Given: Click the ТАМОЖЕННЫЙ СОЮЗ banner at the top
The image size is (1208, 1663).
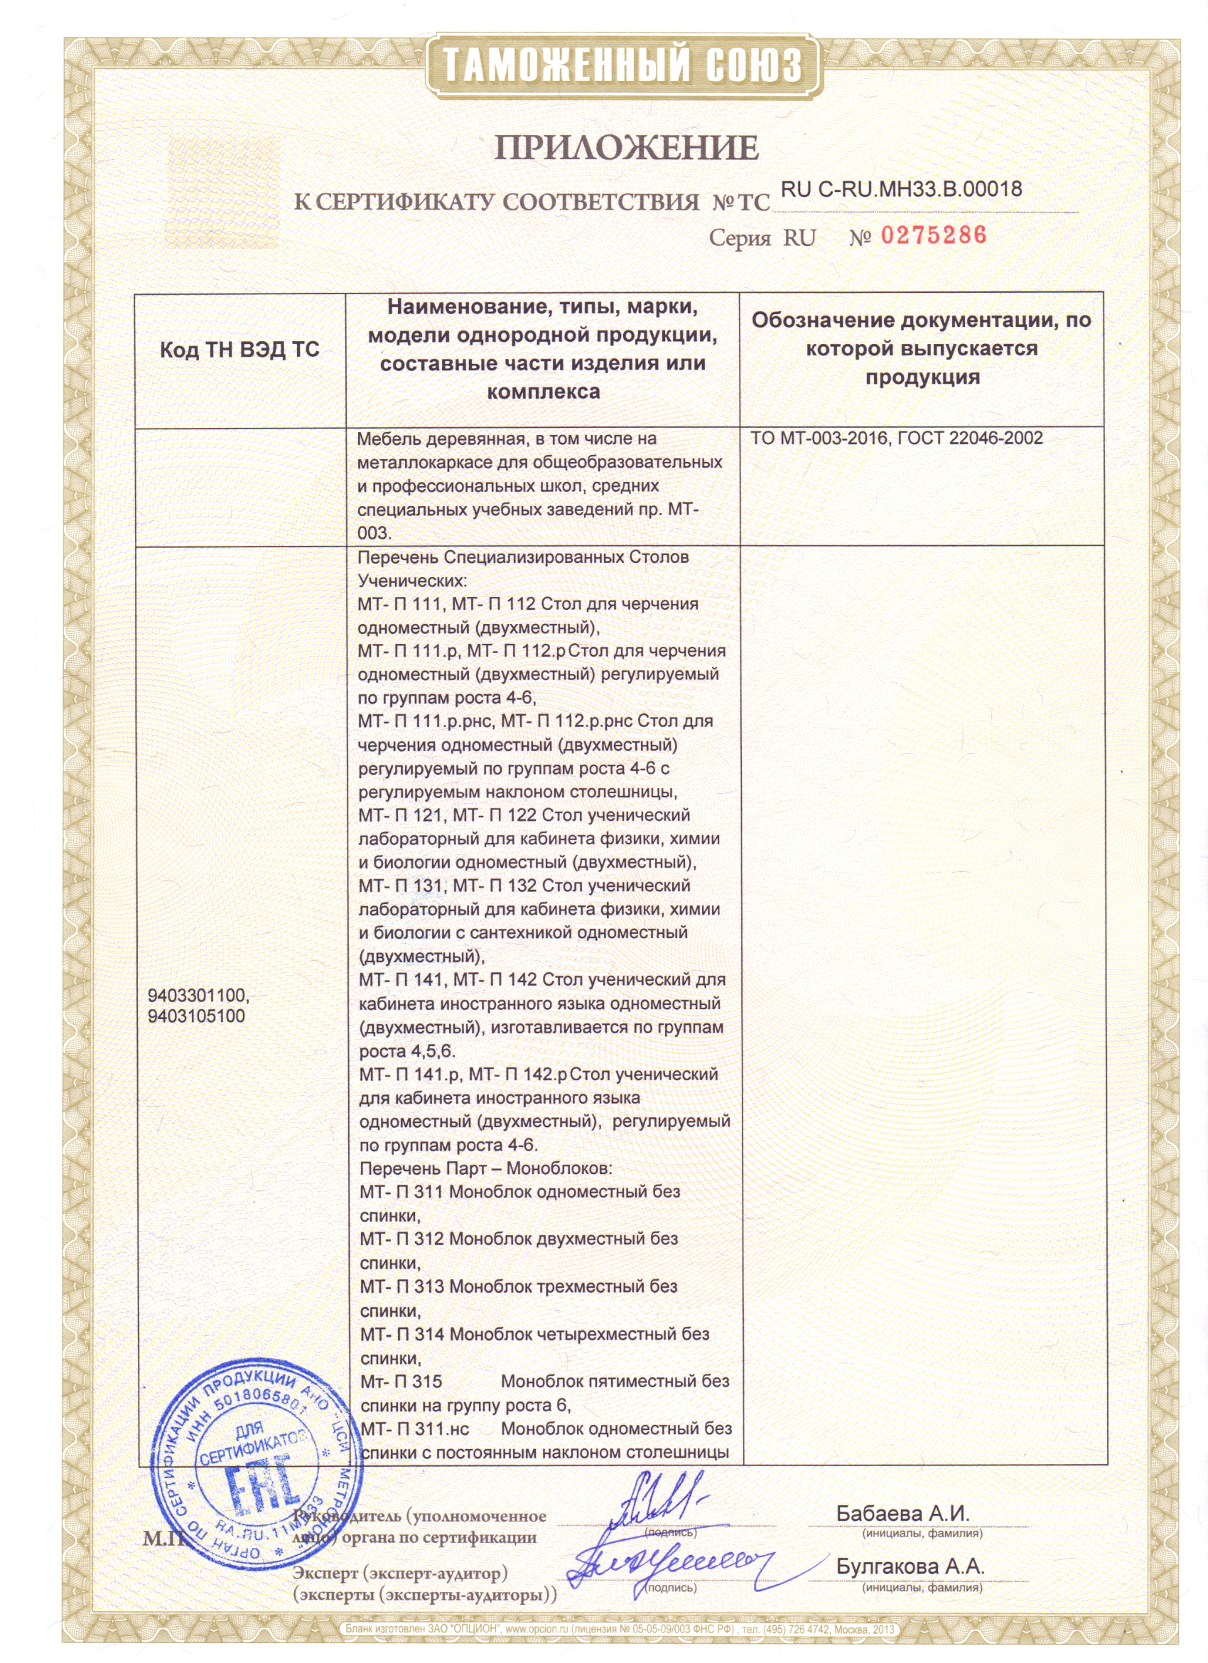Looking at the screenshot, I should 622,66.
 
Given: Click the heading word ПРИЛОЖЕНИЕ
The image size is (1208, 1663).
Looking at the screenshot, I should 627,148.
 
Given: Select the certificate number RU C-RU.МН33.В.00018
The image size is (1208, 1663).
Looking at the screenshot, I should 901,189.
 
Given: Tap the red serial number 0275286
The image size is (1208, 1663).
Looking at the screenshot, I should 933,235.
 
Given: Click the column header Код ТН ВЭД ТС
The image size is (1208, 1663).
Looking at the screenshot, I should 239,349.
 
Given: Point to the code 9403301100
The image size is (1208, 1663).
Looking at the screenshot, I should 198,995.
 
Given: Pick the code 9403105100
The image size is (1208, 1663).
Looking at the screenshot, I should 195,1016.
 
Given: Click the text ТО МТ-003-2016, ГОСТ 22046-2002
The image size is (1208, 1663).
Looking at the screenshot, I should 897,438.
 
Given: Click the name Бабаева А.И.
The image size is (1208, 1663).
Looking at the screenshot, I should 902,1512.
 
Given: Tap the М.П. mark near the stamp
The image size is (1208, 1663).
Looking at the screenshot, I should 162,1538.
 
